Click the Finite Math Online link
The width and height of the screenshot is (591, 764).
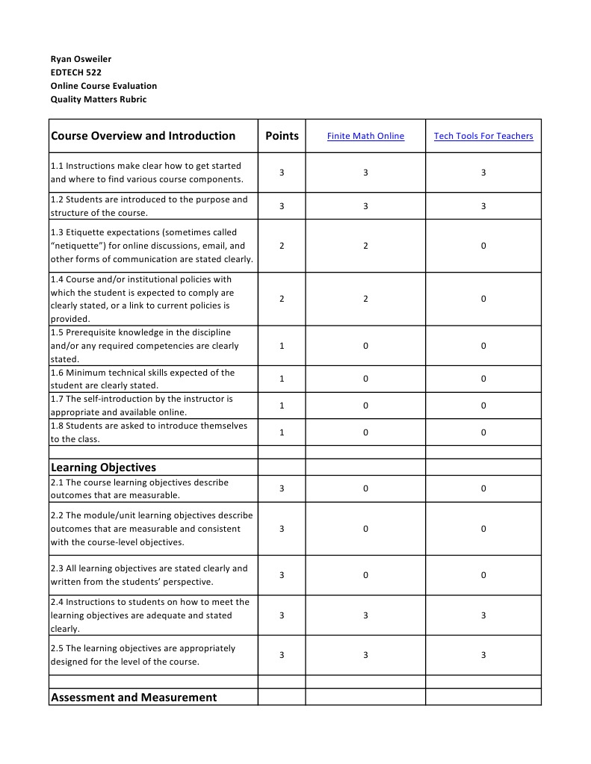tap(365, 136)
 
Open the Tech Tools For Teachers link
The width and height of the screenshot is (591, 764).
tap(483, 136)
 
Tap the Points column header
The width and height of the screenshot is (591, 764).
tap(282, 136)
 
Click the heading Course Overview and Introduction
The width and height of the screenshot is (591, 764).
tap(143, 136)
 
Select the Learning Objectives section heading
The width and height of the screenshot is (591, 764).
tap(103, 468)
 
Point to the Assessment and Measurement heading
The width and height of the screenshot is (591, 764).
tap(134, 698)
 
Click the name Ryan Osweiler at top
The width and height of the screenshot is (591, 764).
tap(81, 59)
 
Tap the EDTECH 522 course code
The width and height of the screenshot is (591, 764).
tap(75, 72)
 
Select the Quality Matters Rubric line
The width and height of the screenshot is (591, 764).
tap(99, 99)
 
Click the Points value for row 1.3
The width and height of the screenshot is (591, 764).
tap(282, 246)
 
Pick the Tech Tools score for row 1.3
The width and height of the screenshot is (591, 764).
tap(483, 246)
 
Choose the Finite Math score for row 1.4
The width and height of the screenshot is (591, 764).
tap(365, 299)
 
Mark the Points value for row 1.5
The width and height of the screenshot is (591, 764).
tap(282, 346)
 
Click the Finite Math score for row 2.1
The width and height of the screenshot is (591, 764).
tap(365, 488)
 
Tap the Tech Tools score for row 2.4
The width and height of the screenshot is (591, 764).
tap(483, 615)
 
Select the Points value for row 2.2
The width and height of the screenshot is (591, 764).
tap(282, 529)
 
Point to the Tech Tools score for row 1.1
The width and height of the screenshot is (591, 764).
tap(483, 173)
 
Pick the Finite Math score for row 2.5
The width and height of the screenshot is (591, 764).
tap(365, 655)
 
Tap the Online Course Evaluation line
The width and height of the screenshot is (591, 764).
tap(104, 86)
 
